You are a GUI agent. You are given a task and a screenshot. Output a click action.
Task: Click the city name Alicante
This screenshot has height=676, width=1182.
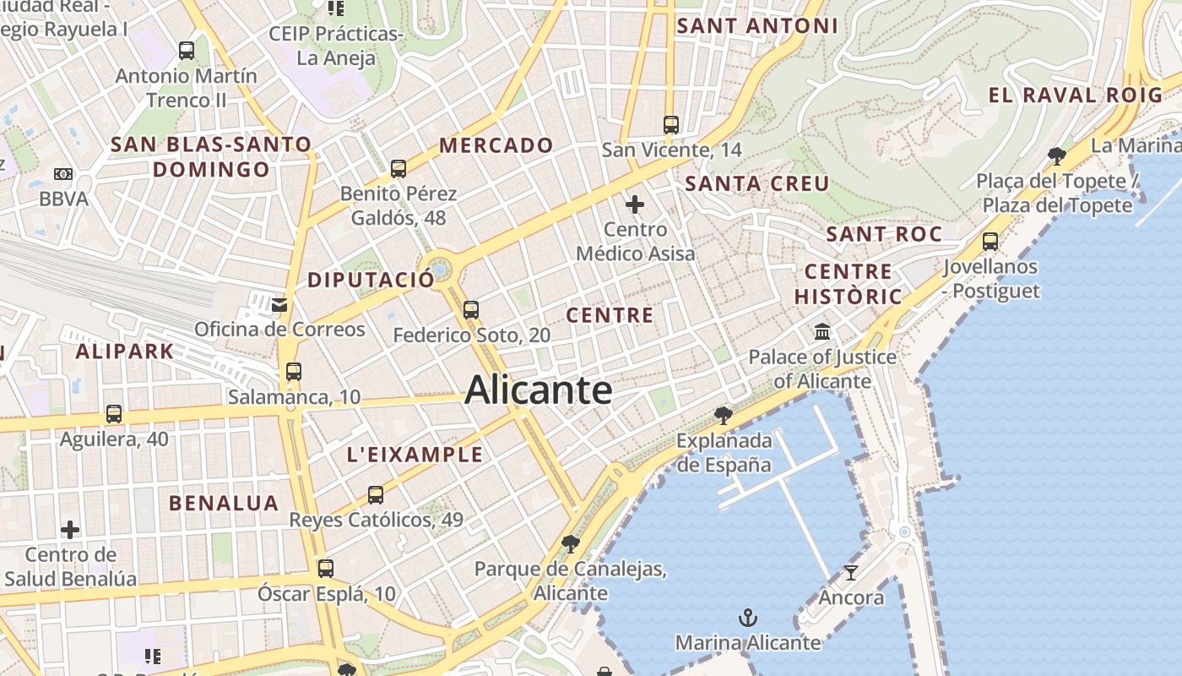[x=539, y=390]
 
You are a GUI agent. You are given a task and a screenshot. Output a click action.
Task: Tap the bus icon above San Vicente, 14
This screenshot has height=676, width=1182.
[x=671, y=125]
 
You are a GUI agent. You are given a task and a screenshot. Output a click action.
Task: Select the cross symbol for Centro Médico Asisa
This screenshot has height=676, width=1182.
[x=635, y=204]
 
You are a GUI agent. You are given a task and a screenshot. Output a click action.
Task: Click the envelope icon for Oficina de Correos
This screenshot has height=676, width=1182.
[x=279, y=304]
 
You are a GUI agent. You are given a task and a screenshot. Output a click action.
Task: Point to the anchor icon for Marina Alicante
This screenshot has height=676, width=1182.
[x=747, y=618]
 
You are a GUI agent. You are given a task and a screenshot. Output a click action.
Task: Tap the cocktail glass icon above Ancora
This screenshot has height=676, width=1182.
[x=851, y=573]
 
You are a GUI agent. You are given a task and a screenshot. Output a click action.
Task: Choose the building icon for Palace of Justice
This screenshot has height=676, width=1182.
[x=822, y=331]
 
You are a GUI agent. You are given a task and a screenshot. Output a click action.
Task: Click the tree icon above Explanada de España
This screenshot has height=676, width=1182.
[x=723, y=415]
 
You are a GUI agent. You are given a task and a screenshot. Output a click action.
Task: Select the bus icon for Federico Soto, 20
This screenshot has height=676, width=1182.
[x=471, y=310]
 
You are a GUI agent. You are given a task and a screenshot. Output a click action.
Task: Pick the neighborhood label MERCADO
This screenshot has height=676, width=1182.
[x=496, y=145]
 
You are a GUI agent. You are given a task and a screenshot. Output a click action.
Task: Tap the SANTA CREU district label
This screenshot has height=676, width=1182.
[x=757, y=183]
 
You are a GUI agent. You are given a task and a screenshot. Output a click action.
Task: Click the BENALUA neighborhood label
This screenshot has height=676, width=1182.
[x=224, y=504]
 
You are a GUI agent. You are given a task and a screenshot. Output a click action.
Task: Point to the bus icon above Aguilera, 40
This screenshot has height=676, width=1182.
[x=114, y=414]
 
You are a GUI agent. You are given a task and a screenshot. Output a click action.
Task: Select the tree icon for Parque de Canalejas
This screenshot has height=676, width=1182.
[x=571, y=543]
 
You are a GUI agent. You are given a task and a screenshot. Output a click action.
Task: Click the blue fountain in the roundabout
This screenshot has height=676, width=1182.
[x=440, y=271]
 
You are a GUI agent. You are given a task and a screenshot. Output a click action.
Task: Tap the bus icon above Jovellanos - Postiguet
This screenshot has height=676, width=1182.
[x=990, y=242]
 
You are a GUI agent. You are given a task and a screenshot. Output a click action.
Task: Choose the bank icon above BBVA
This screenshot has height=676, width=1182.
[x=63, y=174]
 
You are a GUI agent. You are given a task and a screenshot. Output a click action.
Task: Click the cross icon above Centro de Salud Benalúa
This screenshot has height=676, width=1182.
[x=70, y=530]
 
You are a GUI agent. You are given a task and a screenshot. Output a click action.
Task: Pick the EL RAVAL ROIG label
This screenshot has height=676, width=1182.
[x=1076, y=95]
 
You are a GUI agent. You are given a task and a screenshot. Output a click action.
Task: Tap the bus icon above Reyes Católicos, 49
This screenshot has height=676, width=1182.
[x=376, y=494]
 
